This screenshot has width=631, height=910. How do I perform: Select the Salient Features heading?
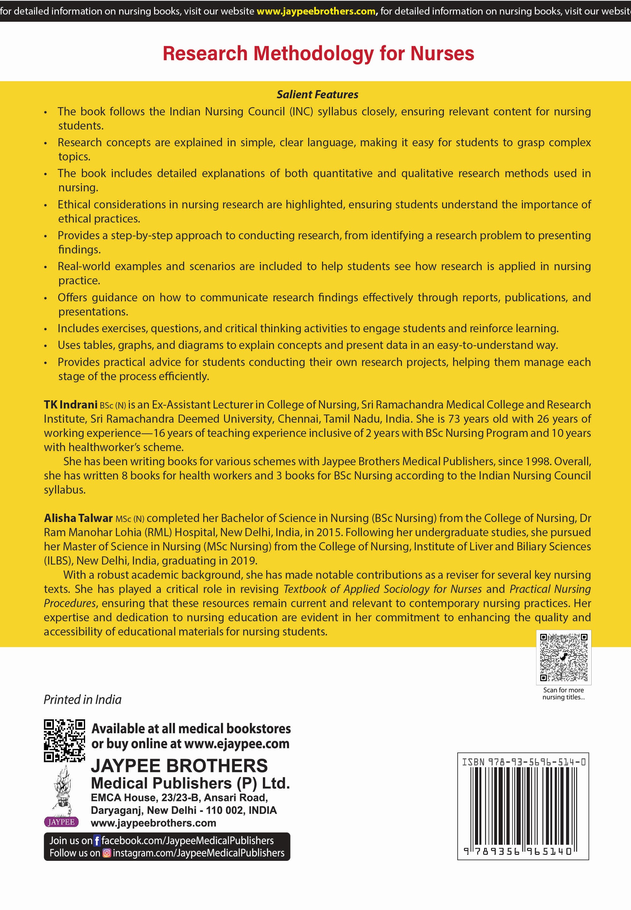point(317,95)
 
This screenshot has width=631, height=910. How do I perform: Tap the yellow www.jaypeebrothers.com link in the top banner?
point(316,11)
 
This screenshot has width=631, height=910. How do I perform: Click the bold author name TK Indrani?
point(70,404)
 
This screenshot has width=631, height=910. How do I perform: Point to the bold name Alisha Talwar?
point(78,518)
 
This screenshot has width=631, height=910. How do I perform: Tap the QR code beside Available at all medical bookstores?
point(64,740)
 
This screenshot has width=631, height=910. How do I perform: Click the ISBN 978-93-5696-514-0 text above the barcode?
point(524,761)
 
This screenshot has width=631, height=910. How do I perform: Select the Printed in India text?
point(82,700)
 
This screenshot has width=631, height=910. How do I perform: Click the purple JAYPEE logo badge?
point(61,822)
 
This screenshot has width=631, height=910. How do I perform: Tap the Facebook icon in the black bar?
point(97,841)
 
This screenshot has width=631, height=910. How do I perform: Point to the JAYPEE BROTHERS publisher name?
point(179,766)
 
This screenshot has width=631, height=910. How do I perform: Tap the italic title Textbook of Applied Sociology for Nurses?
point(382,589)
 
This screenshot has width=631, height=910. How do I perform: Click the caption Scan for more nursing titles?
point(564,693)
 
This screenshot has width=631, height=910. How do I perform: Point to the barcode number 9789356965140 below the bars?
point(518,851)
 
